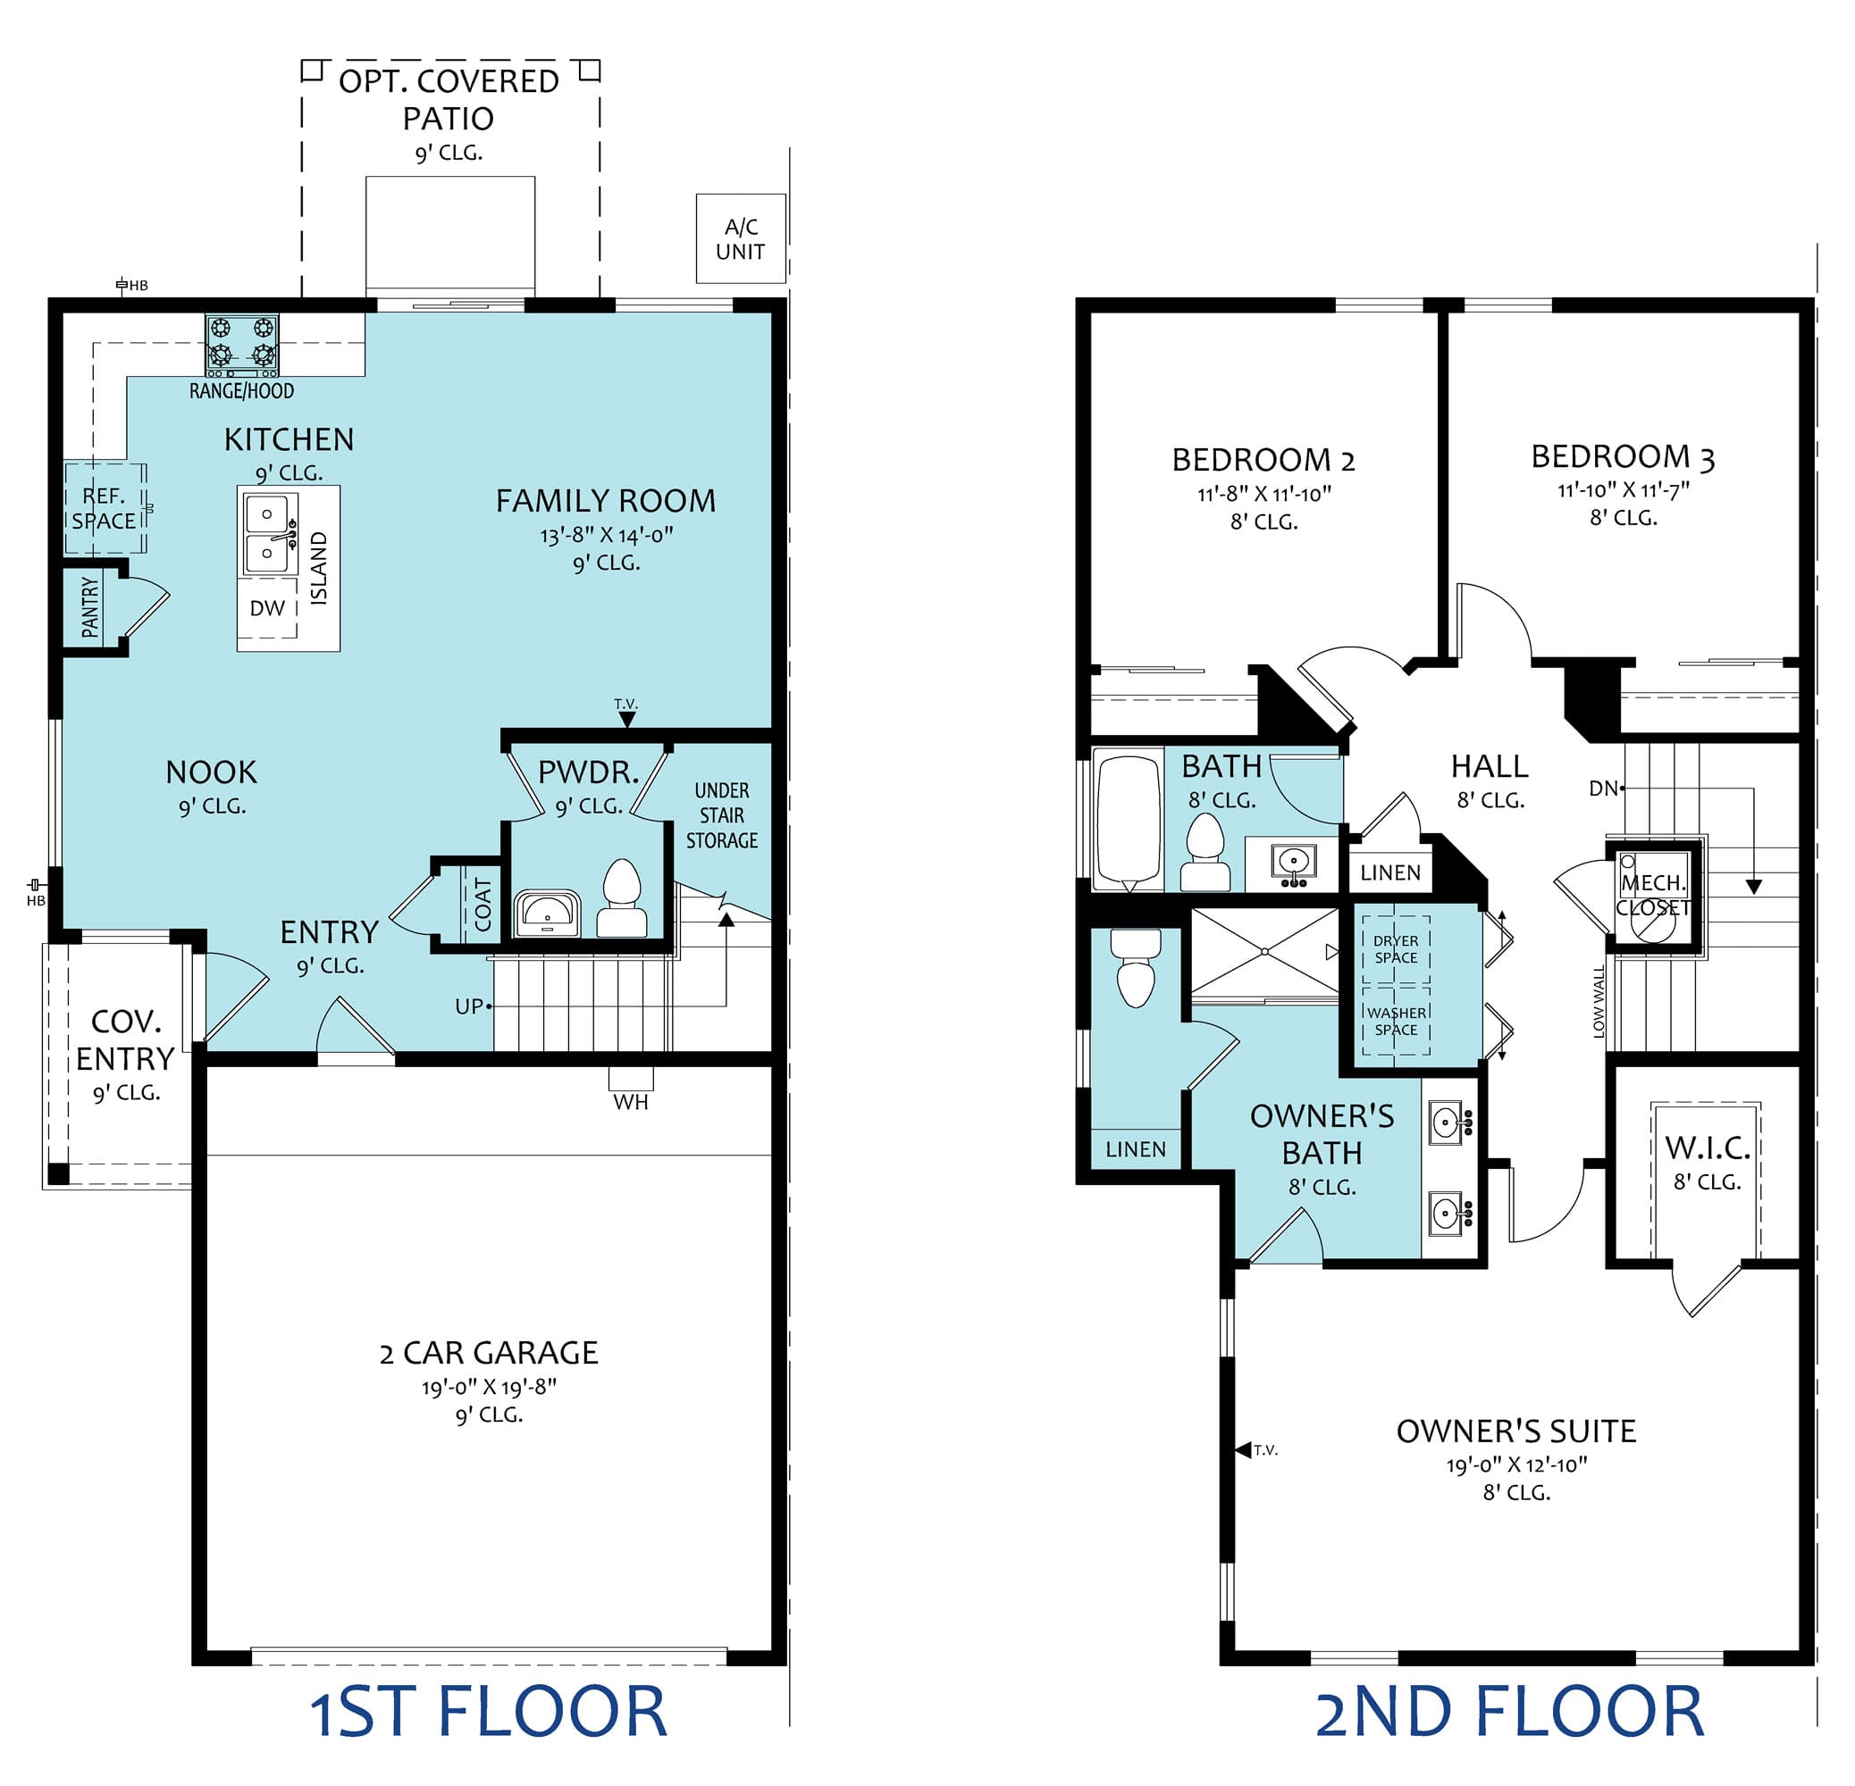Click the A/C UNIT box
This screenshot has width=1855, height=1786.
pyautogui.click(x=740, y=238)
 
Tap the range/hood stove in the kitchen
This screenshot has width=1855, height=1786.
pyautogui.click(x=242, y=346)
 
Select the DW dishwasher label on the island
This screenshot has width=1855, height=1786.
pyautogui.click(x=267, y=608)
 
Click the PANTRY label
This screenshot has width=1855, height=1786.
pyautogui.click(x=90, y=607)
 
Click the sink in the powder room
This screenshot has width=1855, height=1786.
pyautogui.click(x=547, y=913)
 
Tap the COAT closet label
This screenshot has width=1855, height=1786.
pyautogui.click(x=483, y=905)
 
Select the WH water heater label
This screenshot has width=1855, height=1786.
pyautogui.click(x=630, y=1102)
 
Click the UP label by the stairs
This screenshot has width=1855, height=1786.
pyautogui.click(x=469, y=1006)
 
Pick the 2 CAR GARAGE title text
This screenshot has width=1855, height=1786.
pyautogui.click(x=489, y=1353)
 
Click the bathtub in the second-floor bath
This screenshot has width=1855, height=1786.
pyautogui.click(x=1129, y=819)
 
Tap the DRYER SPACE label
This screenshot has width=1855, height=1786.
pyautogui.click(x=1396, y=948)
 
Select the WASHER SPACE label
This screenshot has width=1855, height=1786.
pyautogui.click(x=1396, y=1021)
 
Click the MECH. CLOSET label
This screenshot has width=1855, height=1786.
pyautogui.click(x=1652, y=895)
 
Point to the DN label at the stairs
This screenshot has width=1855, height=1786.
pyautogui.click(x=1603, y=788)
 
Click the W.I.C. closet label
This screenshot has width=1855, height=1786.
pyautogui.click(x=1708, y=1148)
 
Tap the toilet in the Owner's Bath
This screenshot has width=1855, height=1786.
pyautogui.click(x=1136, y=968)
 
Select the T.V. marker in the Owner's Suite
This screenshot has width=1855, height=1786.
pyautogui.click(x=1257, y=1449)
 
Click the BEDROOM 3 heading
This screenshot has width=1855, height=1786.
pyautogui.click(x=1623, y=457)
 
